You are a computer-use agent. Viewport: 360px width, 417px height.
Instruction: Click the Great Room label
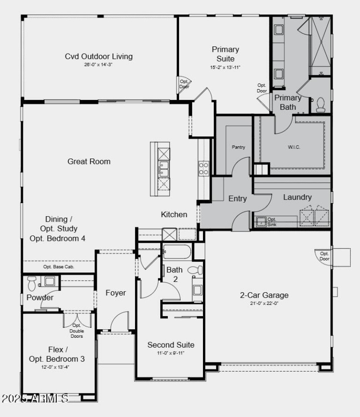[89, 161]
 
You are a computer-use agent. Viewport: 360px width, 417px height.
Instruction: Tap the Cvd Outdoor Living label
[99, 56]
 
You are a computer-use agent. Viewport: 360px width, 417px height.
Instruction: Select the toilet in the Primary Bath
[320, 104]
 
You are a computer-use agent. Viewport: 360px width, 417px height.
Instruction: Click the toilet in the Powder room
[31, 283]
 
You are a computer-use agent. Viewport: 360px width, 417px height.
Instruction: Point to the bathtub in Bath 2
[177, 251]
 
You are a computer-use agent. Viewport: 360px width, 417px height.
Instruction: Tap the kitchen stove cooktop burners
[203, 168]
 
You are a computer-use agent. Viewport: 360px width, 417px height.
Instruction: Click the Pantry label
[238, 147]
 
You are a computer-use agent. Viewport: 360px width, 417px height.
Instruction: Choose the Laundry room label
[297, 197]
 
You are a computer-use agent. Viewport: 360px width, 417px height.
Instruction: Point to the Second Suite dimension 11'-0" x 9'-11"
[171, 353]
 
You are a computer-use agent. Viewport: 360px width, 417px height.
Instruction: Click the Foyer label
[116, 293]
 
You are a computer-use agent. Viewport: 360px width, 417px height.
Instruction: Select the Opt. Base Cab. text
[58, 267]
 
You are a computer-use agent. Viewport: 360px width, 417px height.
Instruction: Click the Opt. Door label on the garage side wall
[324, 256]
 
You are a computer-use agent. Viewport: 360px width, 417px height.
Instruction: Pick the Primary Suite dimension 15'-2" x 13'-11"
[225, 67]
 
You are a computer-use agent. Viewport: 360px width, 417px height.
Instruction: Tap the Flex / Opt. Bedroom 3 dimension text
[56, 367]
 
